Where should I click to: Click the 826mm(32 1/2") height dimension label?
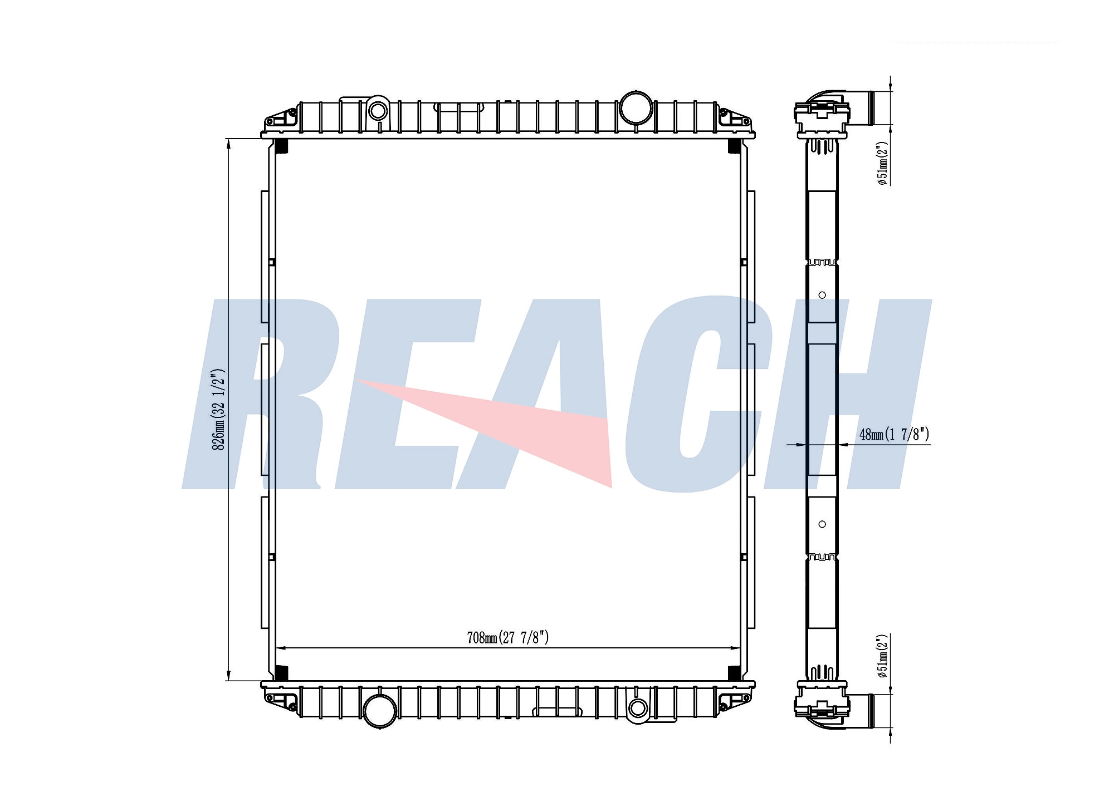click(x=219, y=409)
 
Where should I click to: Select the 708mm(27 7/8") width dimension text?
click(x=508, y=637)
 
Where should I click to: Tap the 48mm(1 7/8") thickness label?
click(x=895, y=434)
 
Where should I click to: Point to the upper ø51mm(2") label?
click(x=882, y=163)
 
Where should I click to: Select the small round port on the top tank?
click(x=378, y=111)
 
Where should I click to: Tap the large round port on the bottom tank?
click(x=380, y=711)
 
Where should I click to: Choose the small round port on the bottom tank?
click(x=638, y=708)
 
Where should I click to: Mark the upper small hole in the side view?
click(x=822, y=295)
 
